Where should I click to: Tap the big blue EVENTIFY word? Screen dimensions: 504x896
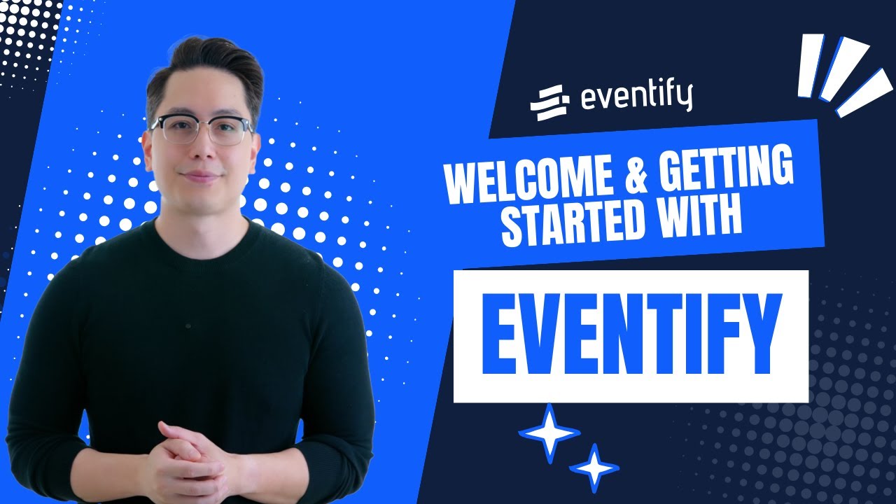630,337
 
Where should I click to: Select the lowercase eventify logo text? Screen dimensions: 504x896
636,98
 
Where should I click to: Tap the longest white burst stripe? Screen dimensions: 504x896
864,92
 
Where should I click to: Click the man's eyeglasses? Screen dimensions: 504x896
201,130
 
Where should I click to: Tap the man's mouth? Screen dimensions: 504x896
200,175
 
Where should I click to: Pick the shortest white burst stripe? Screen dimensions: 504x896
809,65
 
